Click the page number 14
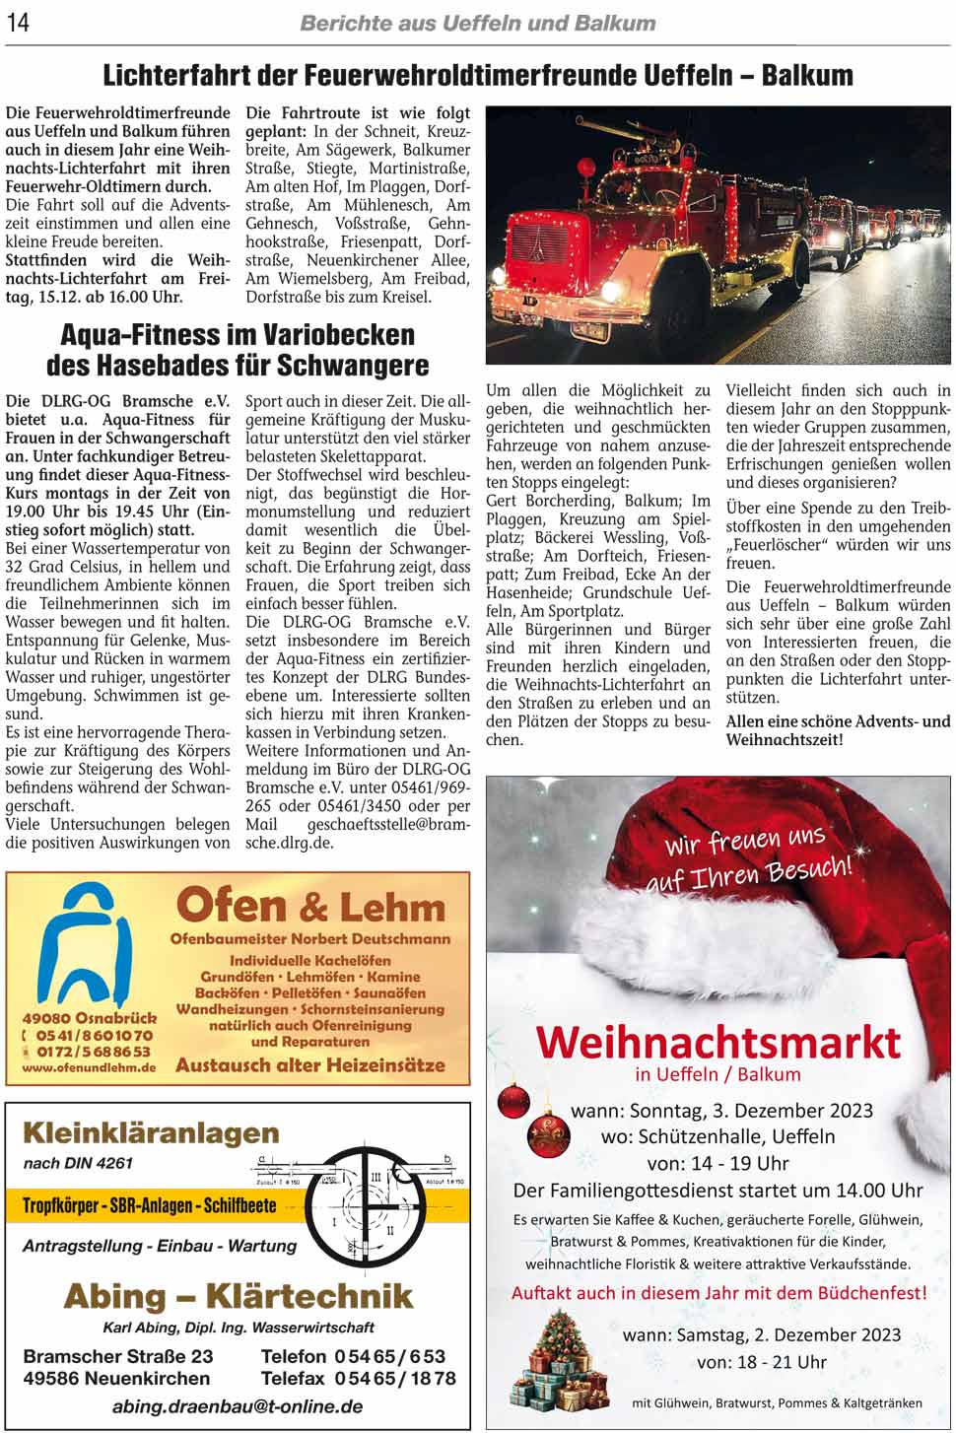pos(18,22)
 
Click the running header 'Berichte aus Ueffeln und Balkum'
pos(477,23)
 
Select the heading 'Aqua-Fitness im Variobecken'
pos(238,335)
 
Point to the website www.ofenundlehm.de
pos(89,1068)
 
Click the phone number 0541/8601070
pos(95,1036)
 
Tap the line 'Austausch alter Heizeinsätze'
pos(309,1065)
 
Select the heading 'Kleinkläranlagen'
pos(151,1133)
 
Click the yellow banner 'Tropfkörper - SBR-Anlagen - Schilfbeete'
pos(149,1205)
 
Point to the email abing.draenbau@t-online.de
pos(238,1406)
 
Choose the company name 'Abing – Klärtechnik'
pos(238,1295)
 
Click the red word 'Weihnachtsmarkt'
pos(718,1042)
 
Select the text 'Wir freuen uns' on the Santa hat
pos(745,841)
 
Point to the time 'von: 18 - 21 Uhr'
pos(761,1362)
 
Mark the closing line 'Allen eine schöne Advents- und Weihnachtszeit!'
pos(838,730)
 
